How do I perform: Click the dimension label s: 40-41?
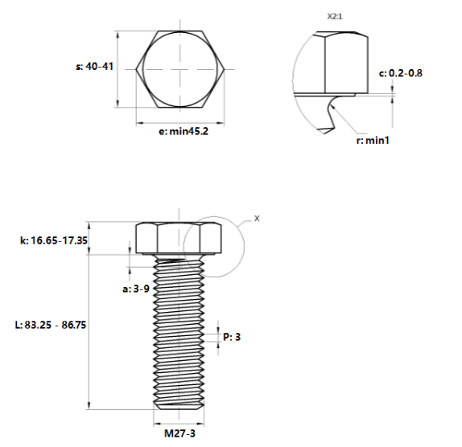(95, 66)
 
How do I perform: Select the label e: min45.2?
(184, 131)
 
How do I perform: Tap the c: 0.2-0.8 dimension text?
(400, 73)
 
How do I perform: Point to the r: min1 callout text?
(373, 141)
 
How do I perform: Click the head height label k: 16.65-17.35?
(54, 240)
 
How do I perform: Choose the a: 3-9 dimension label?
(136, 289)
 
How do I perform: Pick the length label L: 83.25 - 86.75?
(51, 325)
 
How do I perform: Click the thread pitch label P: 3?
(232, 337)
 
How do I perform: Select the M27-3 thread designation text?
(179, 433)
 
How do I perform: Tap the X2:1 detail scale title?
(335, 16)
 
